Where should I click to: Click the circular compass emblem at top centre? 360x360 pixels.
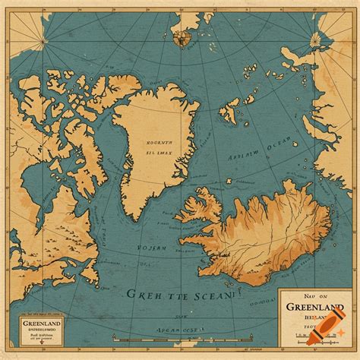click(x=182, y=36)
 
